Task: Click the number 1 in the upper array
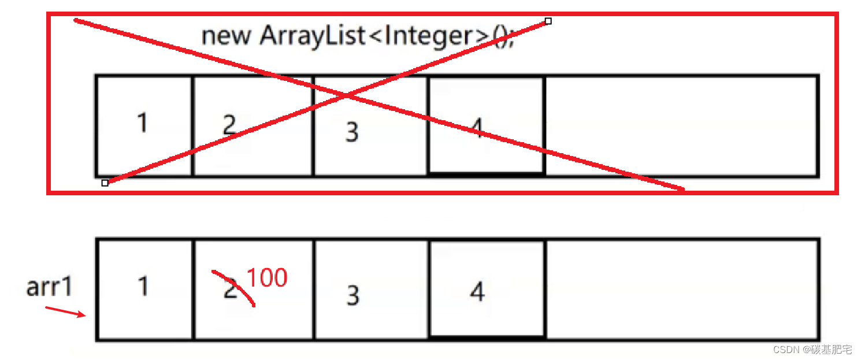point(142,123)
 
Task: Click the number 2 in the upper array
point(229,125)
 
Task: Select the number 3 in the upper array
point(352,132)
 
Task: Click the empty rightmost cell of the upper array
point(681,125)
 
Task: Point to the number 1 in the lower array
point(142,286)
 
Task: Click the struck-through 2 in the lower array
point(231,288)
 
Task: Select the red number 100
point(267,279)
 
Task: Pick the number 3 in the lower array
point(352,295)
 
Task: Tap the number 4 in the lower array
point(477,292)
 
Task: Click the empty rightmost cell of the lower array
point(682,289)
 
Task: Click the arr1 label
point(50,287)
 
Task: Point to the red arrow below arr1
point(65,311)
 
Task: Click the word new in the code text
point(226,36)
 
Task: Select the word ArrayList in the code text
point(313,36)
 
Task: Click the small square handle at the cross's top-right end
point(548,21)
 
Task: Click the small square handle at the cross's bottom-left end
point(105,183)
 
